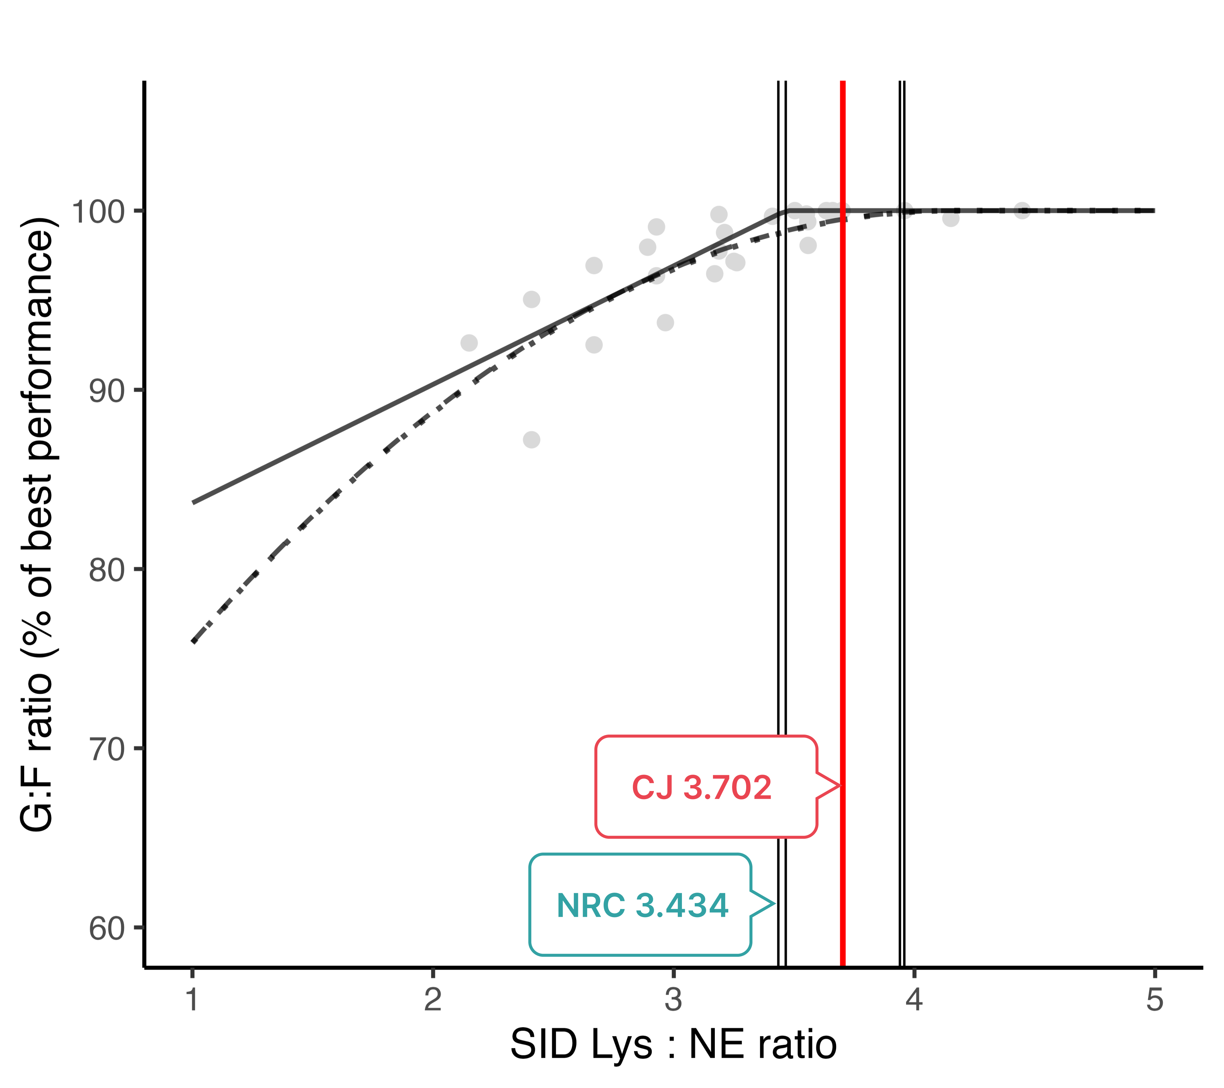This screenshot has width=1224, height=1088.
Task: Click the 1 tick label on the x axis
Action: (192, 1000)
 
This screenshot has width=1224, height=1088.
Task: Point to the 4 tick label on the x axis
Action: (914, 1000)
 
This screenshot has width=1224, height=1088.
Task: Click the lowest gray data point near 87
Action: (531, 439)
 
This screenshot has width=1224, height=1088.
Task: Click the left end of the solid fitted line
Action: (193, 502)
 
